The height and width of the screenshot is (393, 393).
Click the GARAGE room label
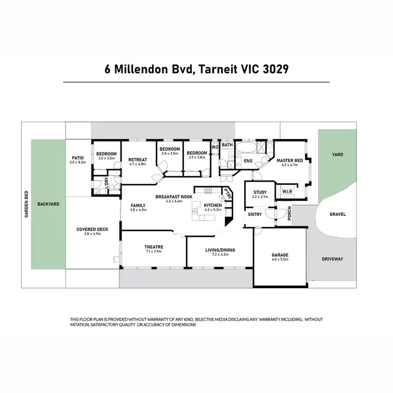click(280, 255)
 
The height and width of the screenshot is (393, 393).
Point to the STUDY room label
click(260, 192)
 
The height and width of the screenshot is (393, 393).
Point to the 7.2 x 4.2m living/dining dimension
click(220, 255)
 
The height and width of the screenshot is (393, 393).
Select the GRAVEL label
click(337, 214)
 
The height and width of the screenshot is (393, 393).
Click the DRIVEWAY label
click(333, 259)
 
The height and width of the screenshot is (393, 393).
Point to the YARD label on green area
click(337, 155)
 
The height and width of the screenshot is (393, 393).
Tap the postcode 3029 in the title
click(274, 70)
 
